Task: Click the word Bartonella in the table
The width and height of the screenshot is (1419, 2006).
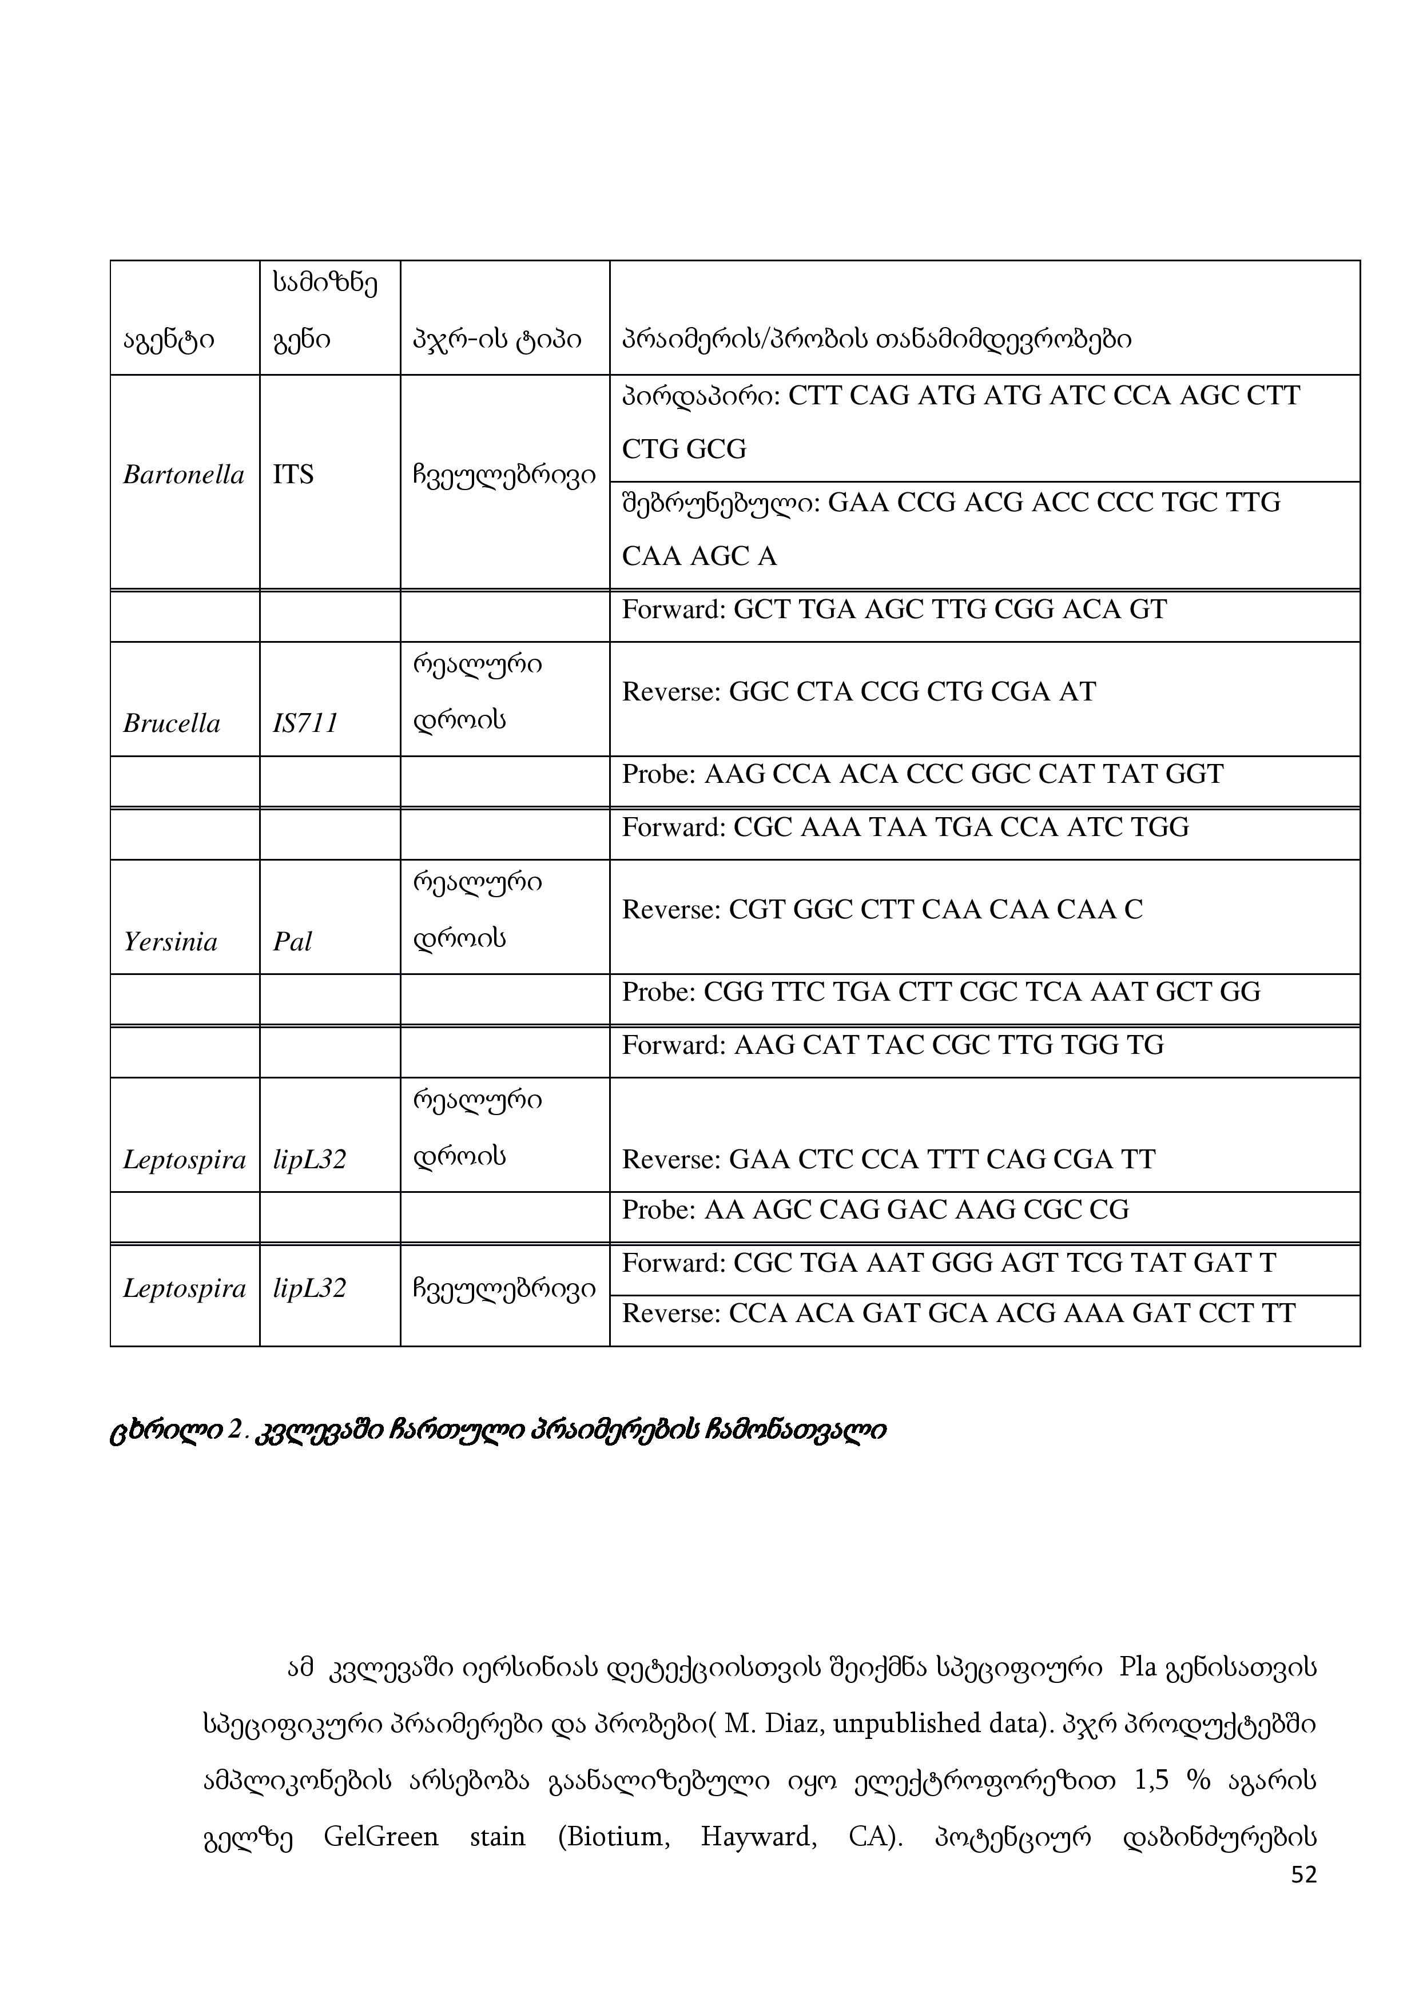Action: point(184,475)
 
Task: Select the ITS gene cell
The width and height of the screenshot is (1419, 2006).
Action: point(293,475)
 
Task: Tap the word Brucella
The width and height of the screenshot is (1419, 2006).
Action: point(171,723)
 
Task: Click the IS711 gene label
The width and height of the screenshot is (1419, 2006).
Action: point(305,723)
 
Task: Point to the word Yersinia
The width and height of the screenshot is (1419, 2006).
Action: point(170,942)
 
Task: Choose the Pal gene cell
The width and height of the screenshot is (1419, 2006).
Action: point(292,942)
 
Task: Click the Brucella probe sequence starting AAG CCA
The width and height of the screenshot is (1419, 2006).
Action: point(922,774)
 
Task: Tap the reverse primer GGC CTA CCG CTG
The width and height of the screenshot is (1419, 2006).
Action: point(859,692)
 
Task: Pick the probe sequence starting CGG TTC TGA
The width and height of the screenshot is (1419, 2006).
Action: point(941,992)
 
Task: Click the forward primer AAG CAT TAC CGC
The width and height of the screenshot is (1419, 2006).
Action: point(893,1045)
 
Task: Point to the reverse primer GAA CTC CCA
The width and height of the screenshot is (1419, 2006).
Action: point(889,1159)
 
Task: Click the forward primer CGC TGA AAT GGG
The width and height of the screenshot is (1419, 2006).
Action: point(949,1263)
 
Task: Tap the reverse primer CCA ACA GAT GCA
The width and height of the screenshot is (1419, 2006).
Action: point(959,1313)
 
